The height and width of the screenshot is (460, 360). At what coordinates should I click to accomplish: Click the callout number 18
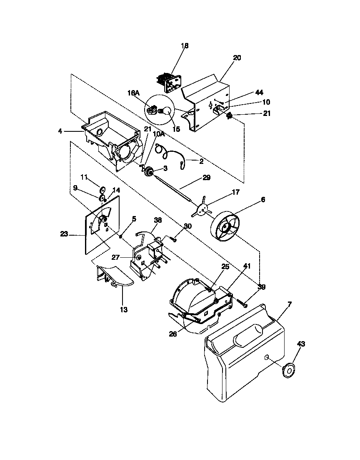185,46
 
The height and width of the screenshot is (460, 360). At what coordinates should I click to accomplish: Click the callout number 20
237,58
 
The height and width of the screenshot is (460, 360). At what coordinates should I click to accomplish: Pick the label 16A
133,94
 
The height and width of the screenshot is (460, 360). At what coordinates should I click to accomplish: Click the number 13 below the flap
124,310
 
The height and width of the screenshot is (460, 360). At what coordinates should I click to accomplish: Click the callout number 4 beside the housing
60,131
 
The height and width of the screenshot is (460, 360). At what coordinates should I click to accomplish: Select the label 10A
159,134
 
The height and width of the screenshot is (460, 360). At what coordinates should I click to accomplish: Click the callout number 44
259,92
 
